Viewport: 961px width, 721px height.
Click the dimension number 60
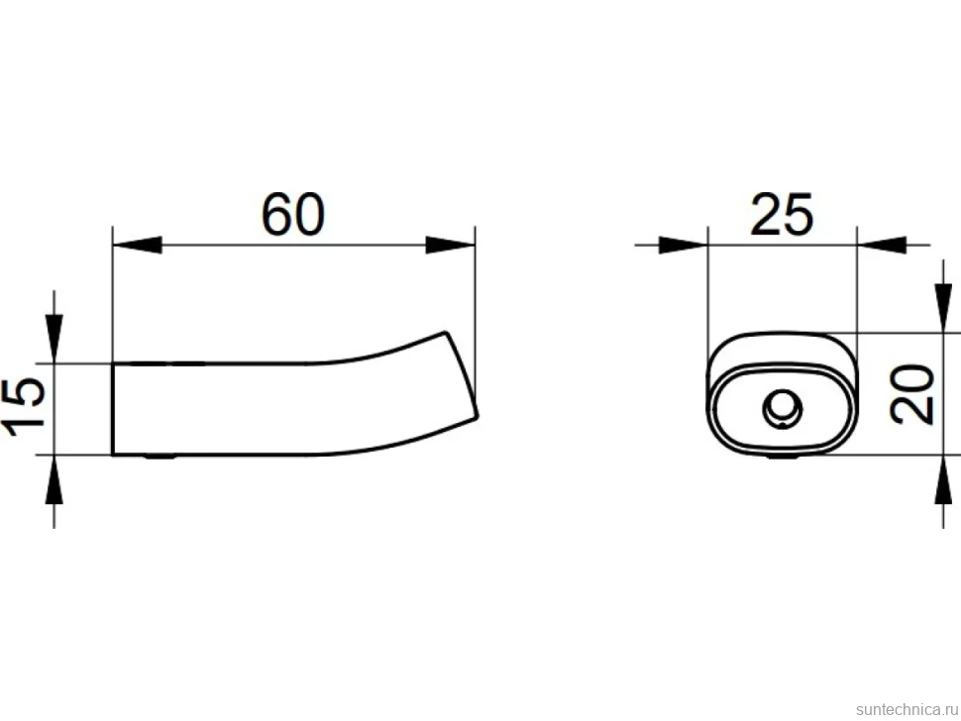tap(292, 214)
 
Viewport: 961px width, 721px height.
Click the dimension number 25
tap(782, 214)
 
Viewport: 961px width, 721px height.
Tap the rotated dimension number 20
tap(911, 394)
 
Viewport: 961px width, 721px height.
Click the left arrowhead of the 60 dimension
tap(138, 245)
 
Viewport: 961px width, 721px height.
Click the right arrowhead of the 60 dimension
tap(451, 245)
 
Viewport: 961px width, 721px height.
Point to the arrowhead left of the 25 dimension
tap(684, 245)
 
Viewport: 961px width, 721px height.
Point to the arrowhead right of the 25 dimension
tap(882, 245)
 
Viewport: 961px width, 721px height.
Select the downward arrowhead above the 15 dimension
tap(53, 339)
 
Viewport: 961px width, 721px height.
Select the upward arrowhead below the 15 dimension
tap(53, 479)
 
